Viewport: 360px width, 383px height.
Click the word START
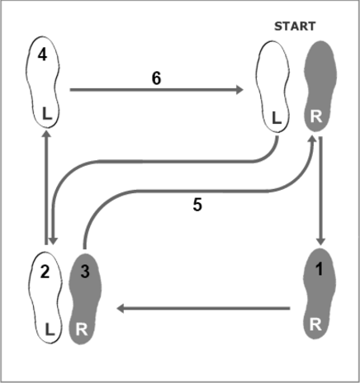[x=295, y=26]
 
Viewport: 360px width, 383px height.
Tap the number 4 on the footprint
[x=42, y=55]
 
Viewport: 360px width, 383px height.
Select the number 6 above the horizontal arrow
[x=156, y=78]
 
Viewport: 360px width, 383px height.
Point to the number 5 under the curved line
[x=197, y=205]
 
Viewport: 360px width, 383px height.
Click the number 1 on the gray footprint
[x=320, y=269]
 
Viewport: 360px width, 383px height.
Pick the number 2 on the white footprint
[x=45, y=272]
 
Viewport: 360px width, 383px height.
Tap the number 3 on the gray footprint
[x=85, y=272]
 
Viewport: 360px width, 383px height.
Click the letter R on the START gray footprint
[x=315, y=116]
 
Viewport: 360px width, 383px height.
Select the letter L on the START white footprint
[x=277, y=118]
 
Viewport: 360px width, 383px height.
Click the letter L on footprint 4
[x=47, y=114]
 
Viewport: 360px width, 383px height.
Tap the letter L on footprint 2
[x=50, y=329]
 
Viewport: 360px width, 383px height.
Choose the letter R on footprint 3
[x=82, y=329]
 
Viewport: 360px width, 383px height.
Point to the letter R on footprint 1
[x=315, y=324]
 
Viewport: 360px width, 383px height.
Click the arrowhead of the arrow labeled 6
[x=239, y=90]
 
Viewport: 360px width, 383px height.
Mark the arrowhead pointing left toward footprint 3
[x=121, y=309]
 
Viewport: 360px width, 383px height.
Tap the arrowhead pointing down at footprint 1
[x=321, y=241]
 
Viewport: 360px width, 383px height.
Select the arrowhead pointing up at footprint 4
[x=46, y=135]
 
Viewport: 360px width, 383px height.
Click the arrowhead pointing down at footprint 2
[x=53, y=241]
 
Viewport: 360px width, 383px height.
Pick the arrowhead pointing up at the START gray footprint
[x=313, y=139]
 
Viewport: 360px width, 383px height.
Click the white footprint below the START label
[x=272, y=87]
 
